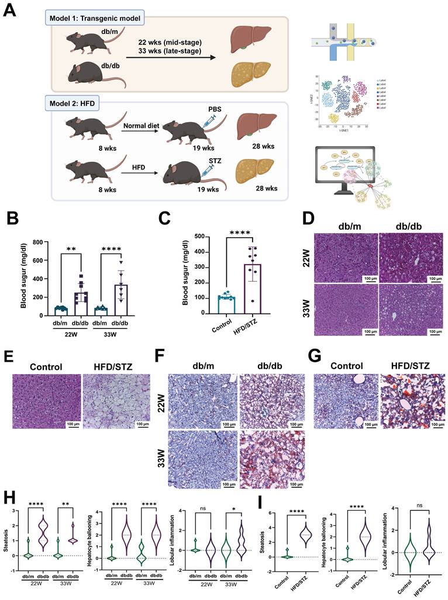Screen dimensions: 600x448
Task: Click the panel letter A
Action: [x=12, y=12]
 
